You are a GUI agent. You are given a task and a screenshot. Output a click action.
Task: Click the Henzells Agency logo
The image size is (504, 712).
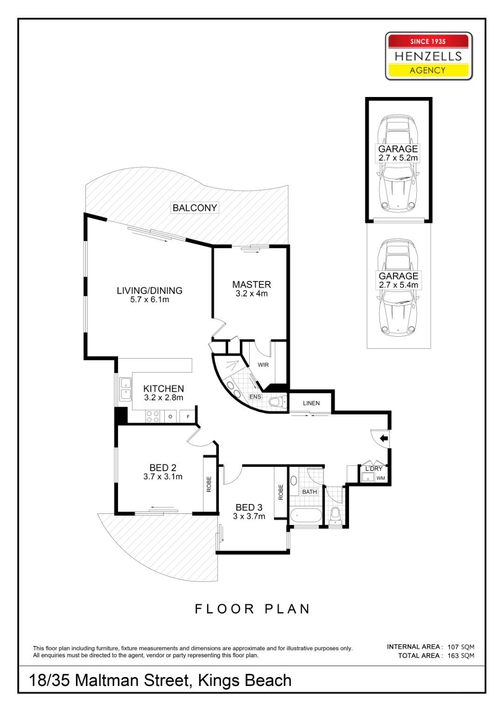pos(428,56)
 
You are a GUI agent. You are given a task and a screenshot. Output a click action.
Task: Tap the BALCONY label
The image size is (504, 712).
pos(195,208)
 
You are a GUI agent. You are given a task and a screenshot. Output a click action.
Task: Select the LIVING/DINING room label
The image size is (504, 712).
pos(149,290)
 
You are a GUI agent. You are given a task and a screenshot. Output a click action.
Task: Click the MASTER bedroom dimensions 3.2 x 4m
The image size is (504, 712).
pos(252,294)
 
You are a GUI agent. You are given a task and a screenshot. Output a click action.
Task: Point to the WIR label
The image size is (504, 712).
pos(263,365)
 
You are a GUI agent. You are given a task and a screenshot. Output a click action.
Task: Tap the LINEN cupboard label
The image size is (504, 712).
pos(311,403)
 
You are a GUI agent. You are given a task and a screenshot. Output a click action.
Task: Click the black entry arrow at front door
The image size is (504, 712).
pos(384,438)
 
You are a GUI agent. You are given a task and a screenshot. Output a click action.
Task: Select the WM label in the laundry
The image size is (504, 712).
pos(381,478)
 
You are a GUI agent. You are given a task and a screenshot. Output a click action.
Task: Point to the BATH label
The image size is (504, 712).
pos(309,491)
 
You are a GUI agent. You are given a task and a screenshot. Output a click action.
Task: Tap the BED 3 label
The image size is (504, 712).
pos(249,507)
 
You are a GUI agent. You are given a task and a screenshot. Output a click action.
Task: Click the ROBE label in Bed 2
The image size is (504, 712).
pos(209,484)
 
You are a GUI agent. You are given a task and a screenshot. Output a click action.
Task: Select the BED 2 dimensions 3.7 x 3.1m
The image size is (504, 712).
pos(163,477)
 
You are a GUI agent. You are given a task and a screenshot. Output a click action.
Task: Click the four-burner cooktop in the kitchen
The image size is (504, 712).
pos(153,416)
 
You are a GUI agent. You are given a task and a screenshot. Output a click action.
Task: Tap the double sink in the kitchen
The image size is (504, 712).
pos(125,388)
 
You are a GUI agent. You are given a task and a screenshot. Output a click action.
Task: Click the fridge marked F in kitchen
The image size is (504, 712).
pos(188,416)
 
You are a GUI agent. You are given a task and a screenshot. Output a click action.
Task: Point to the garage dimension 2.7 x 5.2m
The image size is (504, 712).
pos(398,158)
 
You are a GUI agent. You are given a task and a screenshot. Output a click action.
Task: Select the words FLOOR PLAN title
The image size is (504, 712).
pos(252,609)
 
